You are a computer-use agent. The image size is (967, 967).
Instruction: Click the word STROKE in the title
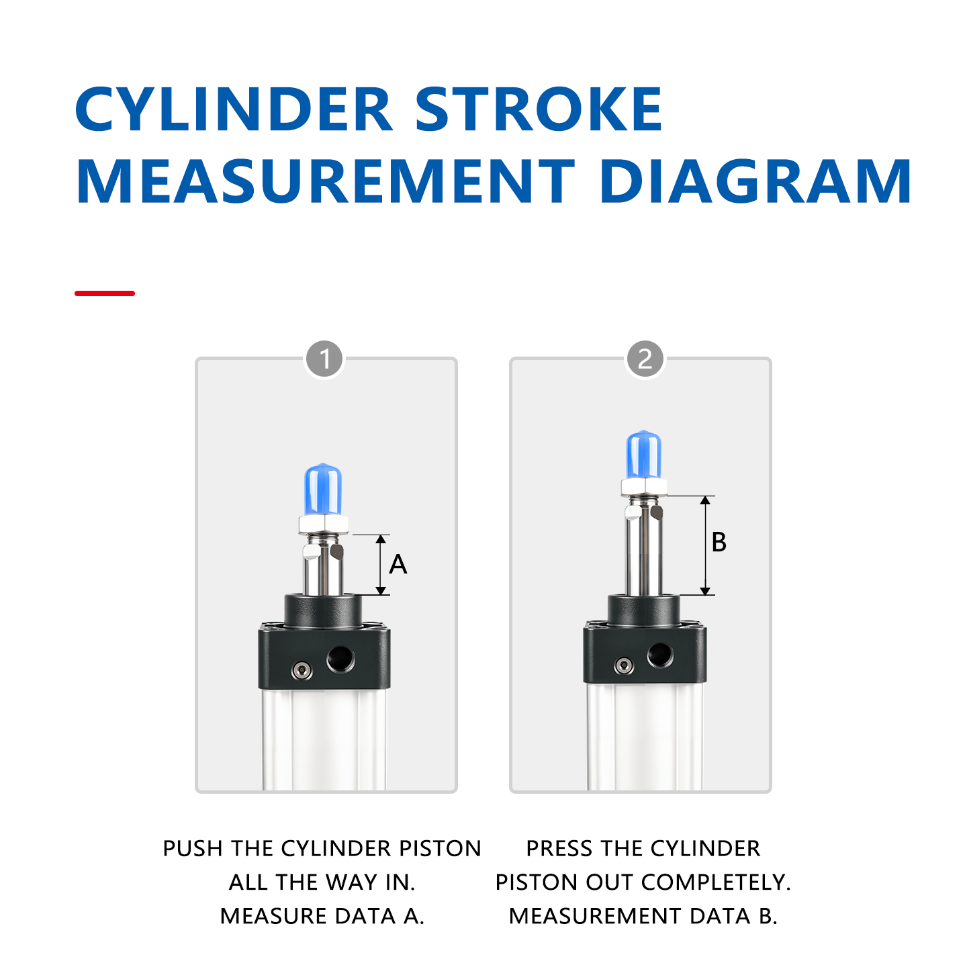tap(539, 109)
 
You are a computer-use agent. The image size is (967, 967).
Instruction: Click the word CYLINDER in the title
tap(234, 109)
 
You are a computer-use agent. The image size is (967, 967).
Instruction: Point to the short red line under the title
tap(105, 293)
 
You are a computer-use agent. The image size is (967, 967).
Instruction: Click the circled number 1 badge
tap(324, 359)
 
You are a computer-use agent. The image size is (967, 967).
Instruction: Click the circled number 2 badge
tap(645, 359)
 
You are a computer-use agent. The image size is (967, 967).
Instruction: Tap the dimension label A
tap(398, 565)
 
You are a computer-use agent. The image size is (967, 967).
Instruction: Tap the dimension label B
tap(719, 542)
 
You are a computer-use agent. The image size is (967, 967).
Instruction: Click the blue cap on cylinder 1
tap(323, 490)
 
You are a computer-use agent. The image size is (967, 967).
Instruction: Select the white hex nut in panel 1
tap(324, 524)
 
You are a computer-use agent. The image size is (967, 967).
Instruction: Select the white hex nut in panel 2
tap(644, 487)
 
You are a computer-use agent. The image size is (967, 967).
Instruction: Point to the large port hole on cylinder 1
tap(340, 659)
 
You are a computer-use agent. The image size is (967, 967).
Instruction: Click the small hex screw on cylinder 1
tap(302, 670)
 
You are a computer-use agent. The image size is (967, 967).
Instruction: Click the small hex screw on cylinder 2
tap(624, 665)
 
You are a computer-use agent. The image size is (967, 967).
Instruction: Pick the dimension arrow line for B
tap(705, 545)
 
